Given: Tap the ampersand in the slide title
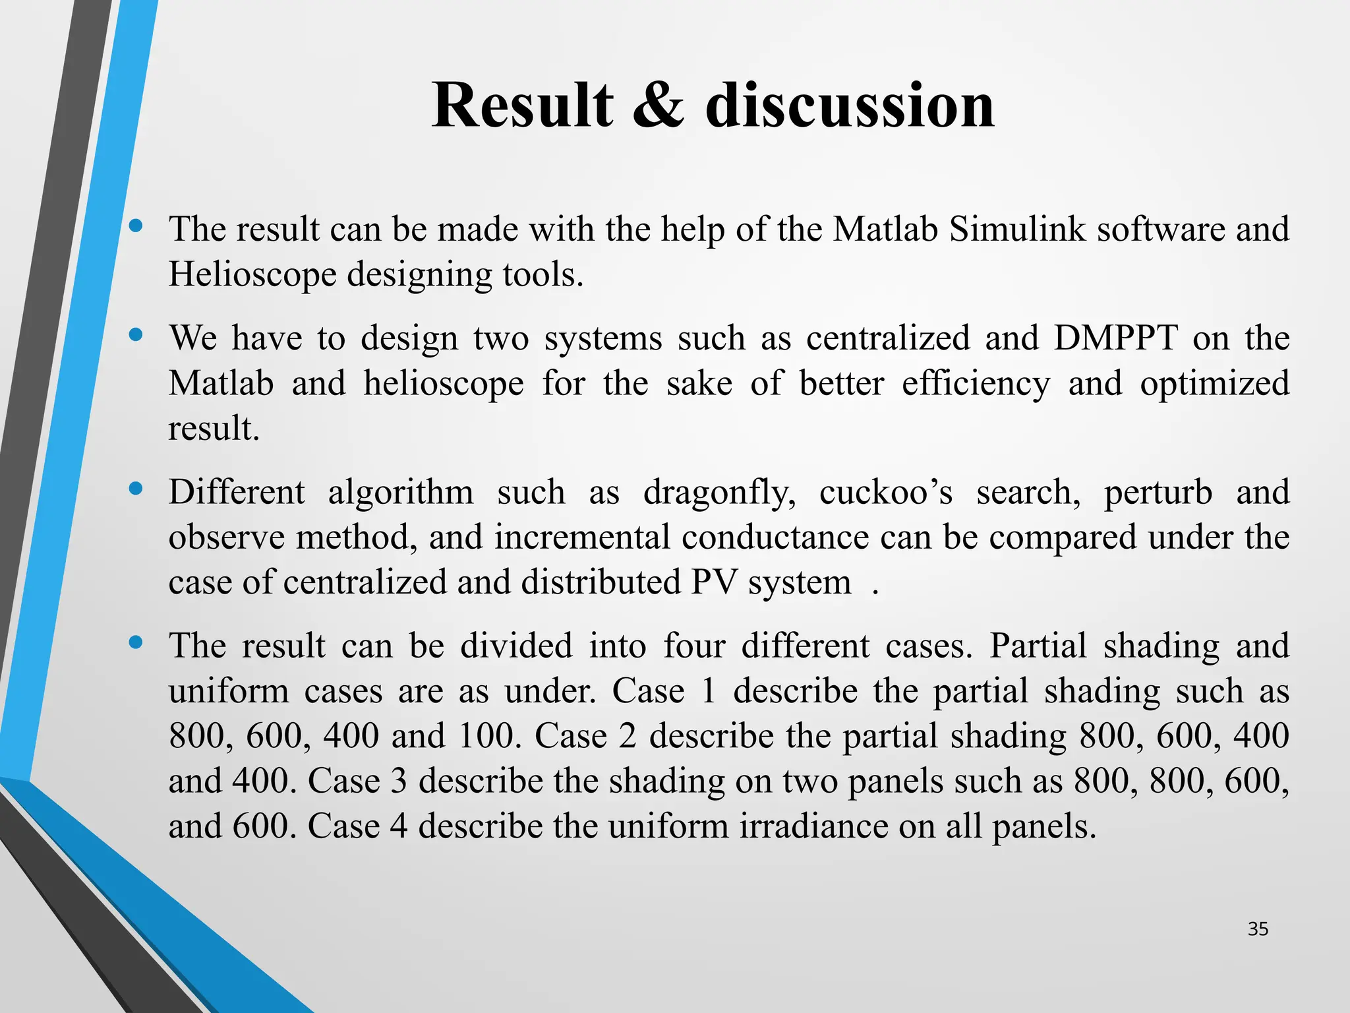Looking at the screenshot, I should tap(658, 106).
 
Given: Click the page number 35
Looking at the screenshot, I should tap(1258, 929).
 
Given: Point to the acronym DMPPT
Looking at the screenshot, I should tap(1115, 338).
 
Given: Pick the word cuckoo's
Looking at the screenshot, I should tap(885, 493).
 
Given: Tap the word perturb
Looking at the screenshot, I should tap(1158, 493).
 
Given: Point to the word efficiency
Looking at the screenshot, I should tap(976, 384).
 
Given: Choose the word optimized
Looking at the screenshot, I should tap(1214, 384).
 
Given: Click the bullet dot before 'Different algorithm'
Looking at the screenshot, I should tap(136, 489).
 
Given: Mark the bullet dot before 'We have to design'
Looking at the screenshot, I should tap(136, 335).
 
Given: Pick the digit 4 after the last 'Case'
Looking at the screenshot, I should tap(398, 826).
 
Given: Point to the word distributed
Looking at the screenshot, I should tap(601, 582).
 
